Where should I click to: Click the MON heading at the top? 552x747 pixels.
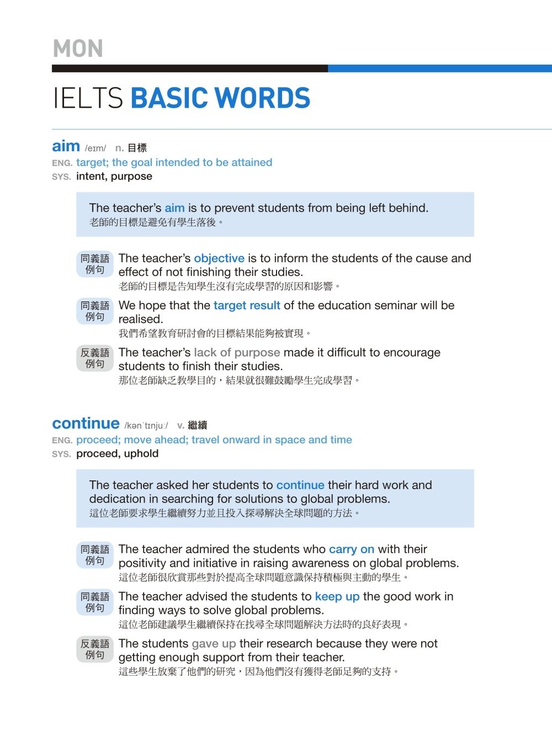pyautogui.click(x=78, y=49)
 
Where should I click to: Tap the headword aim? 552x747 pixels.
pyautogui.click(x=66, y=146)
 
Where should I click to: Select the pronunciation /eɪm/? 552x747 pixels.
pyautogui.click(x=95, y=148)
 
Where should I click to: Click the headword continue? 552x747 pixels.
pyautogui.click(x=86, y=423)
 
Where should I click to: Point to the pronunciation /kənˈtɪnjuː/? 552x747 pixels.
pyautogui.click(x=146, y=425)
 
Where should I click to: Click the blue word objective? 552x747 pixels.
pyautogui.click(x=219, y=258)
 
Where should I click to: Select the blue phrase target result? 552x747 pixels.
pyautogui.click(x=247, y=305)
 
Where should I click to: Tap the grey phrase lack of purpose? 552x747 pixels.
pyautogui.click(x=237, y=352)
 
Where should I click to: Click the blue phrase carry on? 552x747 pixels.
pyautogui.click(x=352, y=549)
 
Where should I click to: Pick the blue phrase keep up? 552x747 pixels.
pyautogui.click(x=337, y=596)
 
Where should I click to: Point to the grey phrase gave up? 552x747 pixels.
pyautogui.click(x=214, y=643)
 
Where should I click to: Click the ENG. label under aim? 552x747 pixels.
pyautogui.click(x=62, y=163)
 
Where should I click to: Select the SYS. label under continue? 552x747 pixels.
pyautogui.click(x=61, y=454)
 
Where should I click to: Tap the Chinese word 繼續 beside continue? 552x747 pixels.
pyautogui.click(x=197, y=425)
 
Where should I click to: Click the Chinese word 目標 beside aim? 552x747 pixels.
pyautogui.click(x=137, y=148)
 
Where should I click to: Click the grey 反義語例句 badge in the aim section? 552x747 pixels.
pyautogui.click(x=95, y=358)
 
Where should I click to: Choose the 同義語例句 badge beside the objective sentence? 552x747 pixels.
pyautogui.click(x=95, y=264)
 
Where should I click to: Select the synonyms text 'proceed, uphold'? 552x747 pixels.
pyautogui.click(x=117, y=453)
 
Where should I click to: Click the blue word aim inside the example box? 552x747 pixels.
pyautogui.click(x=174, y=208)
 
